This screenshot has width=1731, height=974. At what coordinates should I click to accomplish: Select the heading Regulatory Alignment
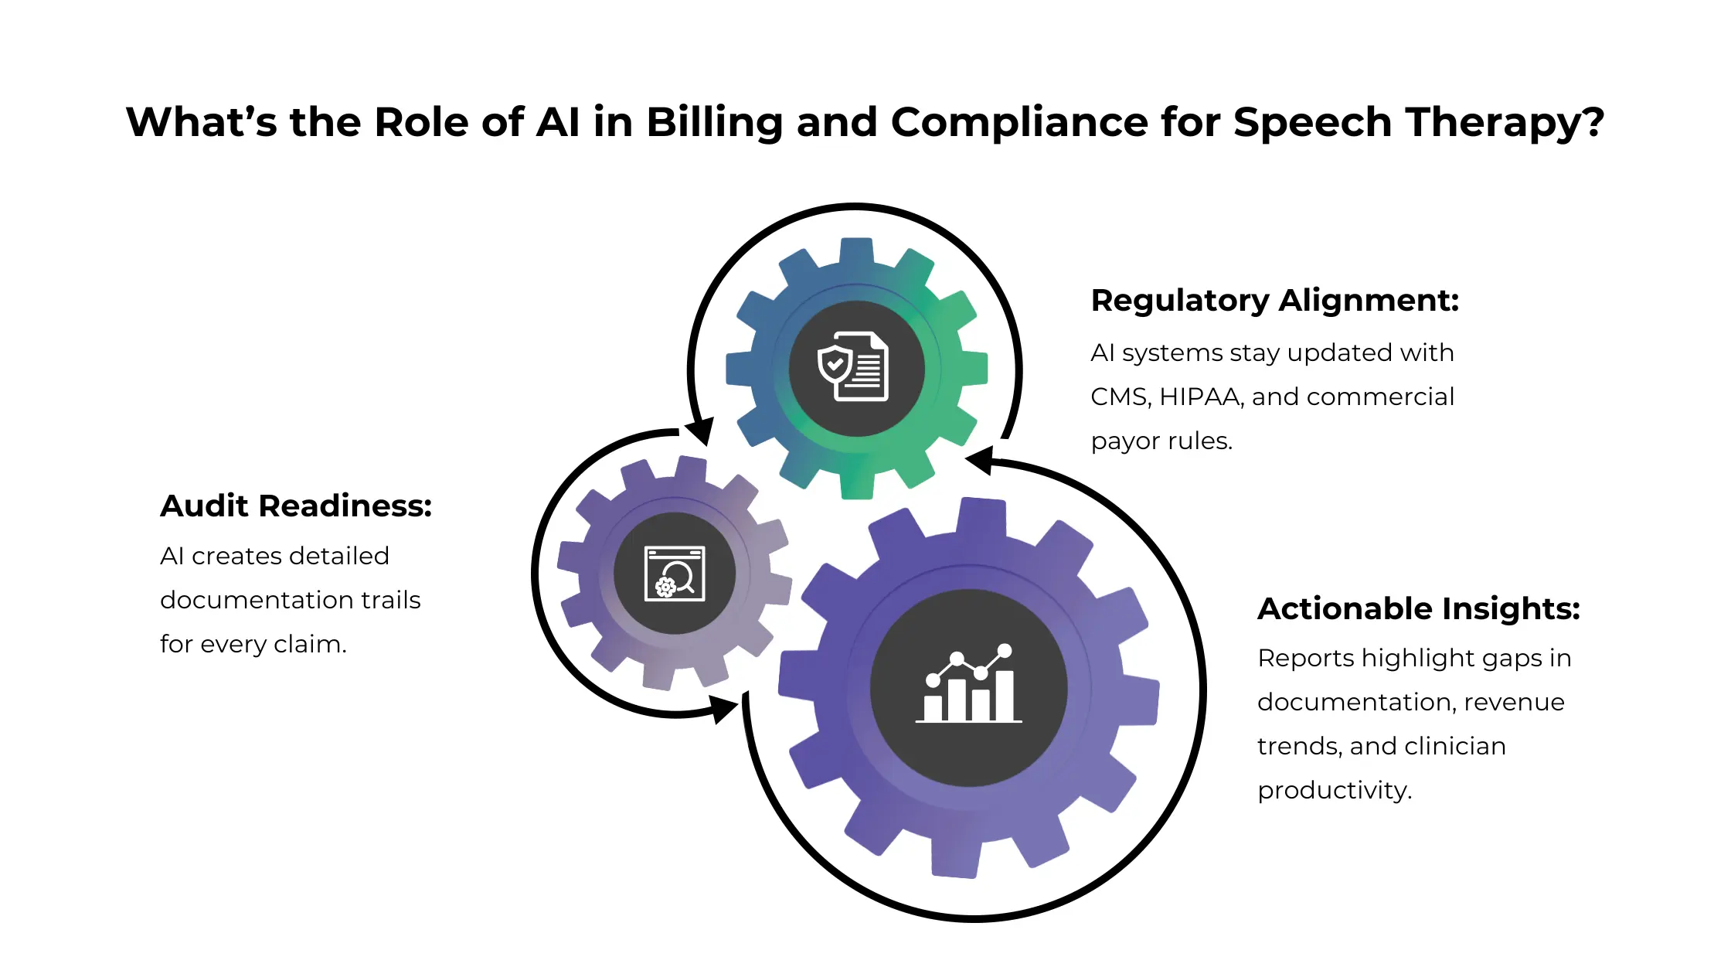[x=1274, y=300]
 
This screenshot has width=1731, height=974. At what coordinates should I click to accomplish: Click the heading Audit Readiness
[x=296, y=506]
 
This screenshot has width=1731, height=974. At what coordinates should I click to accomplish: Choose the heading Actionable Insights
[x=1418, y=608]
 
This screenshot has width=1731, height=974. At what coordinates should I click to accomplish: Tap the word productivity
[x=1334, y=790]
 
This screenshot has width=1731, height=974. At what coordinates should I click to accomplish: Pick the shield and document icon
[x=854, y=366]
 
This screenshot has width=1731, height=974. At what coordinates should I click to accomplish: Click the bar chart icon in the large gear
[x=968, y=685]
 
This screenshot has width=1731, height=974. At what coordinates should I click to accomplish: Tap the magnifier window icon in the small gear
[x=675, y=574]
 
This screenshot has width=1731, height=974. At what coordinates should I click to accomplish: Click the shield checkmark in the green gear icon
[x=835, y=363]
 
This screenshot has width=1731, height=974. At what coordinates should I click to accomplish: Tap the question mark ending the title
[x=1591, y=123]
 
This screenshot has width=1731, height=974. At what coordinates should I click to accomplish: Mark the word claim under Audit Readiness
[x=311, y=644]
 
